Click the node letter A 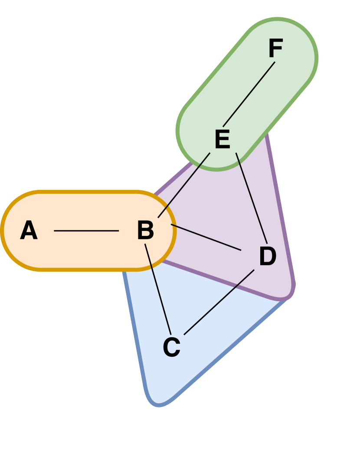29,230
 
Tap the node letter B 146,230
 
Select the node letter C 172,347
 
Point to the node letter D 268,256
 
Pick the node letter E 223,140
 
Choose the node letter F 276,49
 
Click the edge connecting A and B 86,231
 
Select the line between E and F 249,94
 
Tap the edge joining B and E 184,185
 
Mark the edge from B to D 206,237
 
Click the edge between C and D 219,302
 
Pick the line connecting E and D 251,198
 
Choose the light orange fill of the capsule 87,251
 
